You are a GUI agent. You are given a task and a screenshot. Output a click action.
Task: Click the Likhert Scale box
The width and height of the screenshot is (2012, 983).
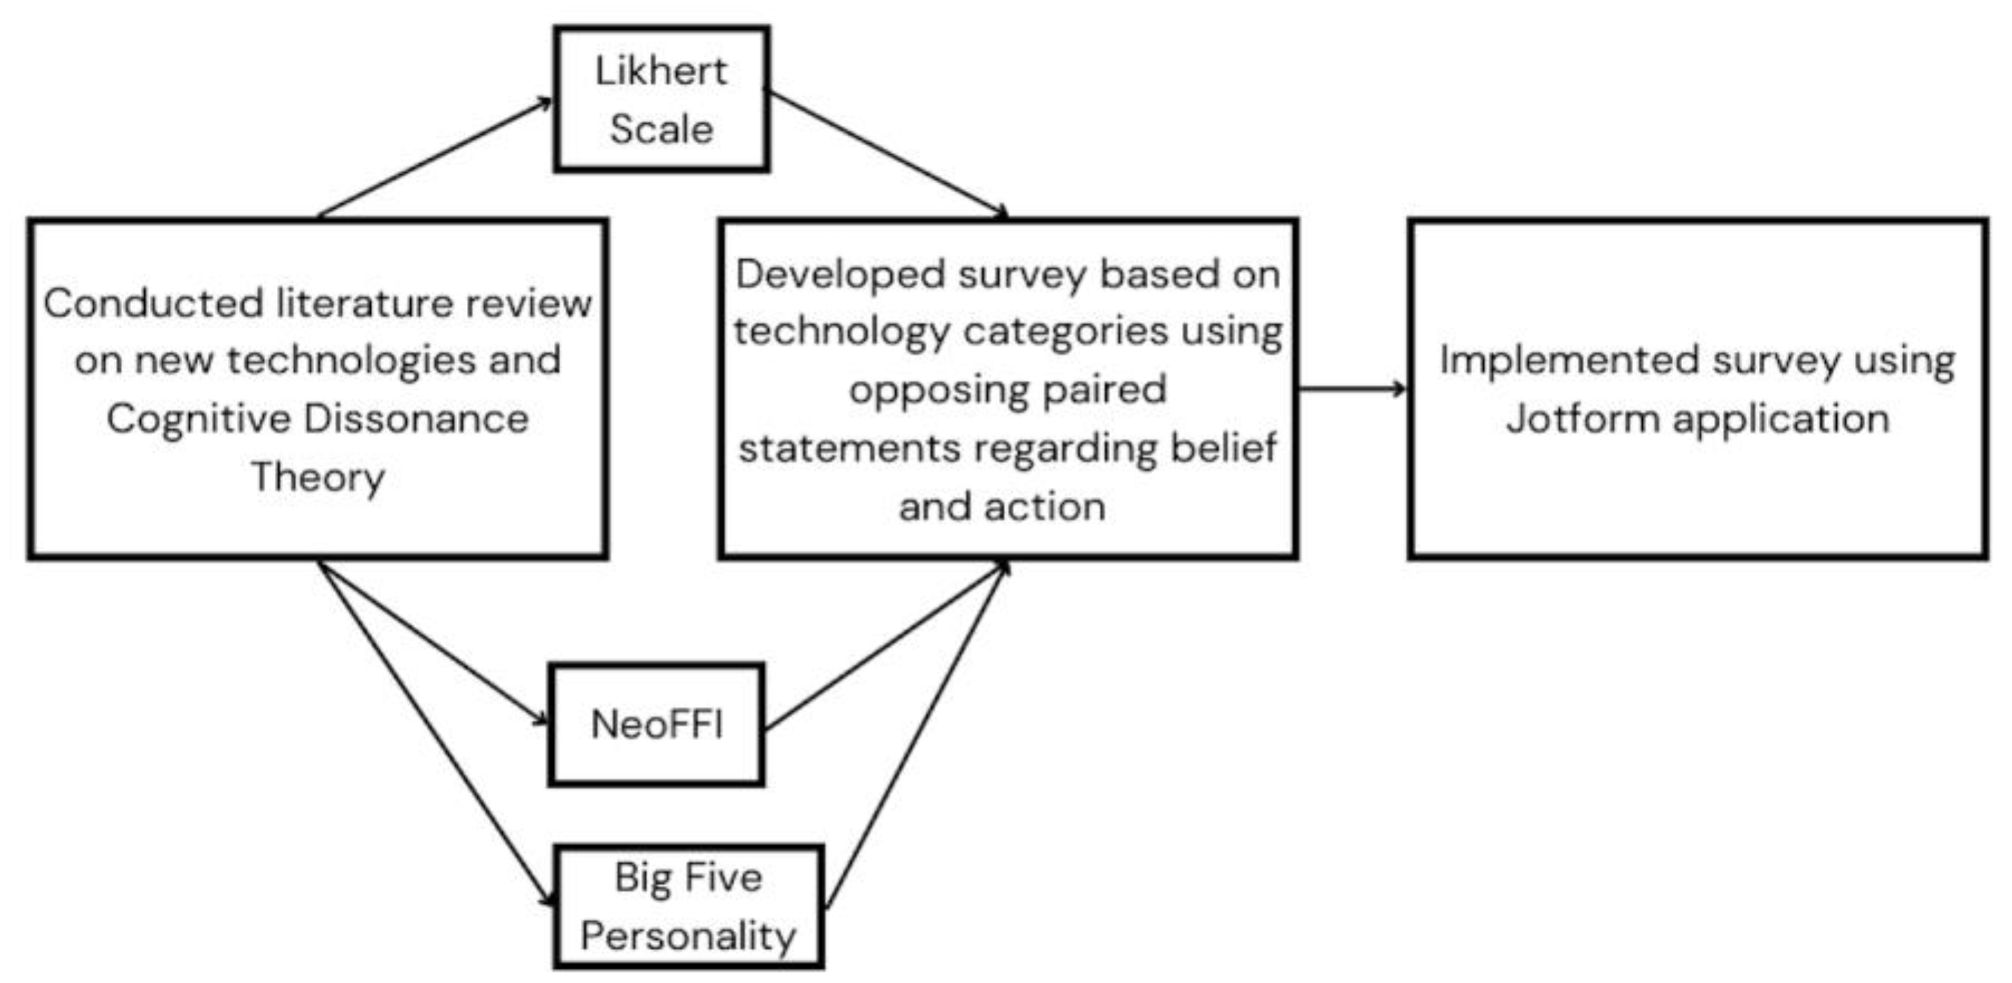[660, 98]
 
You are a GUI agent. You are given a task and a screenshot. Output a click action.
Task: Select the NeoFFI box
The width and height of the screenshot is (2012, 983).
[656, 725]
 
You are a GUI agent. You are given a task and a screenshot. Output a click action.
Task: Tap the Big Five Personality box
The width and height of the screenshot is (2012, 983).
[688, 906]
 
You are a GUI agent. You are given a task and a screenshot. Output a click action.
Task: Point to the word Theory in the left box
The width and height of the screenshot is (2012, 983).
[318, 477]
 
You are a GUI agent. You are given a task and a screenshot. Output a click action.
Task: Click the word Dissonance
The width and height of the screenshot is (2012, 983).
[416, 419]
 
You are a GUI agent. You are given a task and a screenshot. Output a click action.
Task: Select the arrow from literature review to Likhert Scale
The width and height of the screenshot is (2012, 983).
[434, 158]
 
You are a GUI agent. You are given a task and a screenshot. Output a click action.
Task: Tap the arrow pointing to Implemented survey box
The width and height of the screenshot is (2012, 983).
[1352, 388]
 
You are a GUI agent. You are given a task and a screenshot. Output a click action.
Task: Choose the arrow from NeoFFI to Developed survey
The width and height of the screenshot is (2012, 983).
[887, 647]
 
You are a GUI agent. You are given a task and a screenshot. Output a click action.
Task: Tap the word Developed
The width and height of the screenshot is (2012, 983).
[840, 274]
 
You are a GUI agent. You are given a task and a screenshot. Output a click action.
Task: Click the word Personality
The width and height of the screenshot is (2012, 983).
[688, 936]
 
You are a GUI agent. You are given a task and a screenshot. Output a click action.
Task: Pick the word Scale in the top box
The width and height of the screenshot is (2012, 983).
[660, 129]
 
